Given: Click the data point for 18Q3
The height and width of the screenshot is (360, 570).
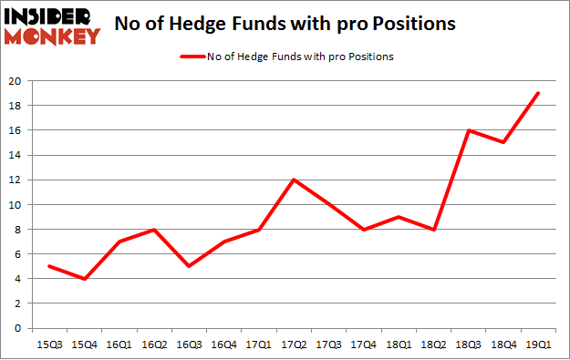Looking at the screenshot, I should pos(469,130).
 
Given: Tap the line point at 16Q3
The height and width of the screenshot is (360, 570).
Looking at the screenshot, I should pos(189,266).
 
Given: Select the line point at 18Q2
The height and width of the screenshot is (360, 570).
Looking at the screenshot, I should pos(434,230).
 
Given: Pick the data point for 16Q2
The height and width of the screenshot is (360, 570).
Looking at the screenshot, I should pos(153,230).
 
